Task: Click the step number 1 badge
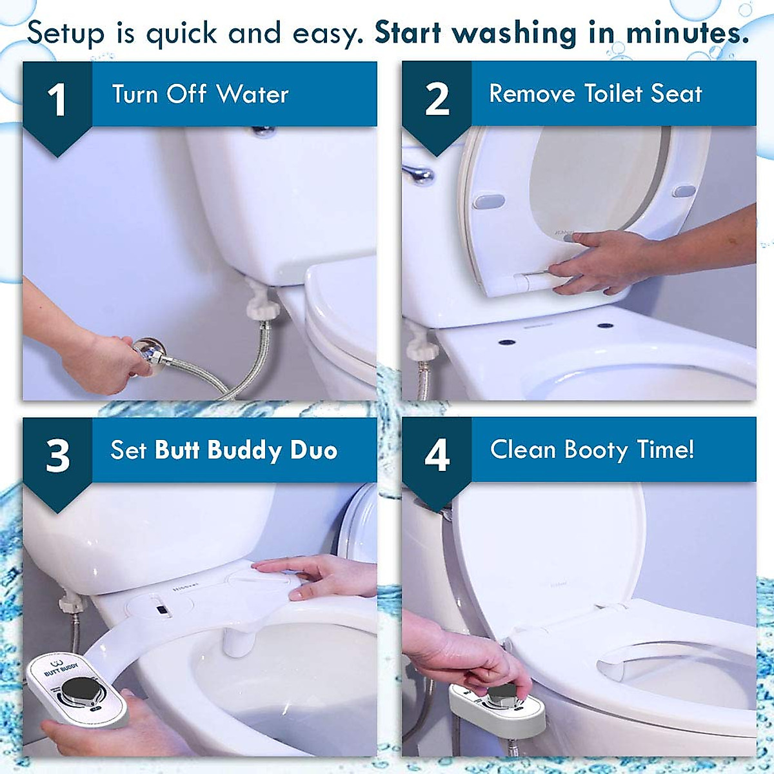[x=57, y=100]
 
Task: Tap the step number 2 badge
[x=437, y=100]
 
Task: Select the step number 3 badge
[x=57, y=455]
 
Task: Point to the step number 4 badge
[x=437, y=455]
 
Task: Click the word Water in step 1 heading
[x=252, y=94]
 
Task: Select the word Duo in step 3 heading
[x=313, y=450]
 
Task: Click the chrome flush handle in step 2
[x=418, y=174]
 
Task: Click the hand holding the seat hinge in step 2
[x=597, y=261]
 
